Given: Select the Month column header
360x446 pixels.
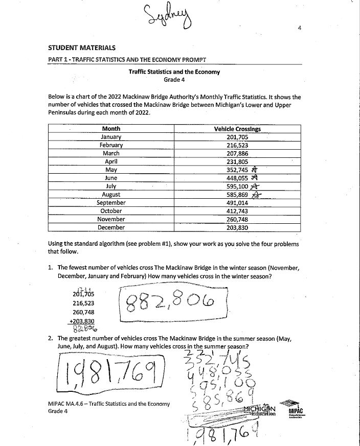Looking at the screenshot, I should [111, 129].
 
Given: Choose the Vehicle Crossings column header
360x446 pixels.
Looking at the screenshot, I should [237, 129].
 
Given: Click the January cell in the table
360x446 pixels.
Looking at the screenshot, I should [111, 137].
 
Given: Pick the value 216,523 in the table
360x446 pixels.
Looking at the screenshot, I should [237, 145].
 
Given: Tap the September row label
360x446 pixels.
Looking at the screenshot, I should [111, 202].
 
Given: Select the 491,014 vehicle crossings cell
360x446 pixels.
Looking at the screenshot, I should [237, 202].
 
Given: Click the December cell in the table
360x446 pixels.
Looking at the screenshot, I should [111, 227].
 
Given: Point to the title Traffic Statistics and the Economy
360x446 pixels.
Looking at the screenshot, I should [174, 72].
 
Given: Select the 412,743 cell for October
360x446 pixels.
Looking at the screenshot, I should [237, 210].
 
